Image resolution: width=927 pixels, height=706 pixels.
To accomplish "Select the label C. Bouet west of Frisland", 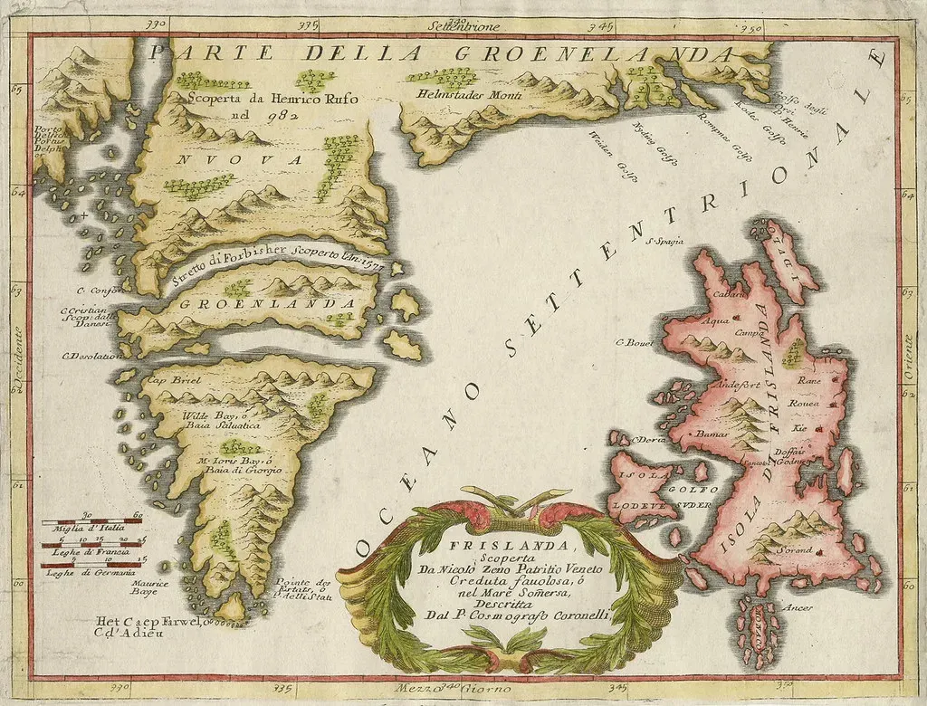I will (x=635, y=342).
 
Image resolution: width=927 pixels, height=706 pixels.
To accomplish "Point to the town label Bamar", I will (x=712, y=435).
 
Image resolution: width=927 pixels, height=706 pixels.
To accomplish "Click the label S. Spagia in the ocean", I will (x=664, y=241).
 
